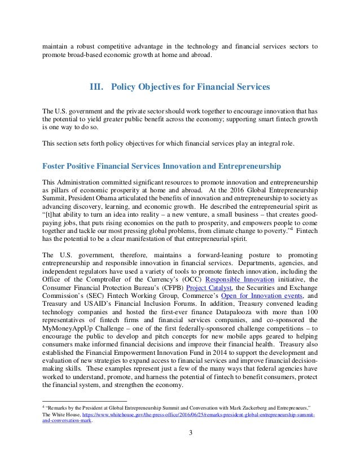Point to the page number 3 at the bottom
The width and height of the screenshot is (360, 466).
pos(180,434)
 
